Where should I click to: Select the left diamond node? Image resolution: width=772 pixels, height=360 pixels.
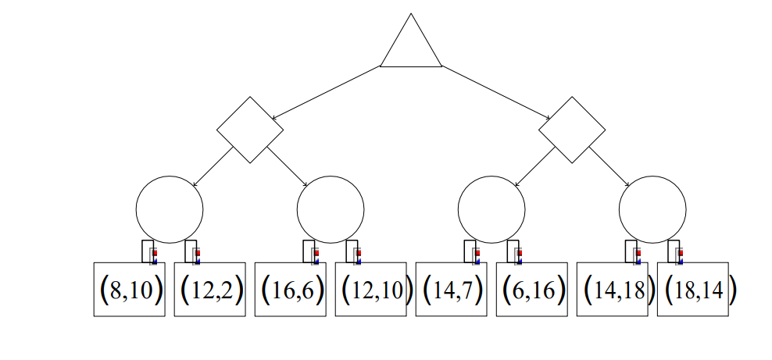click(x=250, y=130)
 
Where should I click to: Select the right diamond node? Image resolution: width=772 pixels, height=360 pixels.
click(x=573, y=130)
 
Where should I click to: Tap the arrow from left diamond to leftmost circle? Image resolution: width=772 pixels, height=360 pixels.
click(x=213, y=166)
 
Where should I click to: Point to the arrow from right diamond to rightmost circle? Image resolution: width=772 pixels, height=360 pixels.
click(x=611, y=167)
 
